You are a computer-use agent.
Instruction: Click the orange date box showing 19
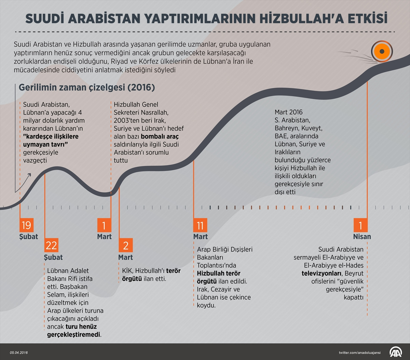[26, 225]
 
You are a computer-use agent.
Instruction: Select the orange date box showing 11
[200, 225]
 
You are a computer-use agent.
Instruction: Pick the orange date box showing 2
[126, 245]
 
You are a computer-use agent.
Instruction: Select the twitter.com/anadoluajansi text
[361, 352]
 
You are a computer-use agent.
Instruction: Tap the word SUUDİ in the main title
[46, 19]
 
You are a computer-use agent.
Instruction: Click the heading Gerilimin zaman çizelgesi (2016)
[87, 88]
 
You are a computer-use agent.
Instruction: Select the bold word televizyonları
[322, 273]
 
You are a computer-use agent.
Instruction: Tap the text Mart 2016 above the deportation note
[289, 112]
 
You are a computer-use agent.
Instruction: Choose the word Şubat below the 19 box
[29, 237]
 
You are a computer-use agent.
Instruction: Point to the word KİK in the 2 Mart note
[127, 271]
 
